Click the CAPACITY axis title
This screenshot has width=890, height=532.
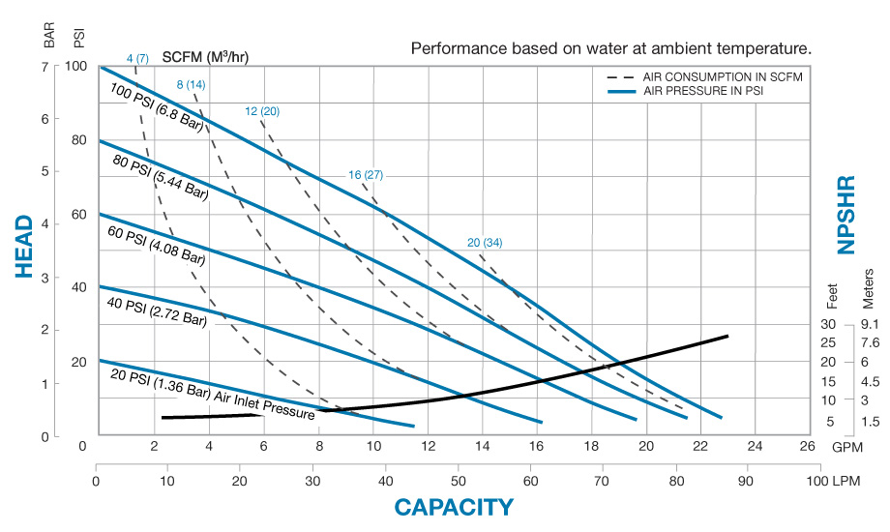coord(453,506)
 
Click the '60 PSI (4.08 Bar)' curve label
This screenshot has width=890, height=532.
coord(157,244)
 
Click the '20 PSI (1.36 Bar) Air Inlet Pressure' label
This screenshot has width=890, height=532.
coord(213,395)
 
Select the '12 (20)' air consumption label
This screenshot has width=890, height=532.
coord(262,111)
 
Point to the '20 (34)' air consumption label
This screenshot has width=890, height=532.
coord(485,242)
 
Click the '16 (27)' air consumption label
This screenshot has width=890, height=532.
coord(366,175)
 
